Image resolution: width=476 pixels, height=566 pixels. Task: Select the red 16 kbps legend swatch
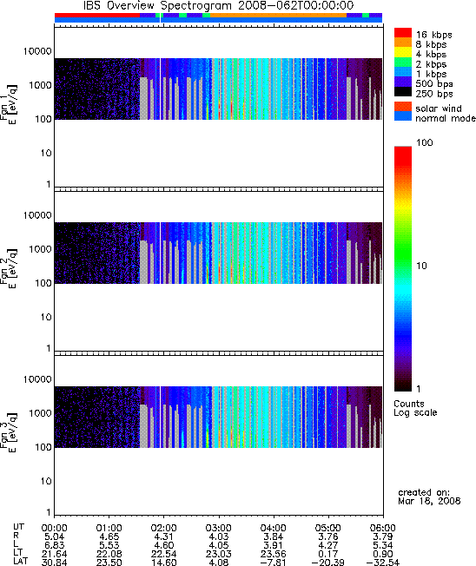(403, 32)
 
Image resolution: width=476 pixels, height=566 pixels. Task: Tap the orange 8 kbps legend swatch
(403, 43)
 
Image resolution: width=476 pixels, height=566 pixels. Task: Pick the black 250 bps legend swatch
(403, 92)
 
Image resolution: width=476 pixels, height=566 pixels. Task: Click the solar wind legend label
(439, 109)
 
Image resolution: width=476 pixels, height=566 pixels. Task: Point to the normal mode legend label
(446, 118)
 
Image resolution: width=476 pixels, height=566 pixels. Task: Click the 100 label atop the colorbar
(425, 142)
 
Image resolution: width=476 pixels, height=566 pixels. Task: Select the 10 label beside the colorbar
(421, 266)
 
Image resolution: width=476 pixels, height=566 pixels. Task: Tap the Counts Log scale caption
(415, 408)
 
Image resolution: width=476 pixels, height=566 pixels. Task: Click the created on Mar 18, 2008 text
(429, 497)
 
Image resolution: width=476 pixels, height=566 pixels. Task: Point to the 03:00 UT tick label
(219, 528)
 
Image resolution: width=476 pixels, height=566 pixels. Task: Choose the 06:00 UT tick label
(382, 528)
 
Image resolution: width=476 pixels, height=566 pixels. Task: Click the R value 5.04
(54, 536)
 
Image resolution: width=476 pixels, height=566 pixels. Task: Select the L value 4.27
(328, 545)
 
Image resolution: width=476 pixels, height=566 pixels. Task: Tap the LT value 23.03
(219, 554)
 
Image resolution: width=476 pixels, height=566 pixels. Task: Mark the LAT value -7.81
(273, 563)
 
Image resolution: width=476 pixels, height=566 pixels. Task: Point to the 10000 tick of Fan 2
(37, 215)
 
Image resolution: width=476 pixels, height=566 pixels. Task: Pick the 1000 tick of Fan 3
(41, 413)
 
